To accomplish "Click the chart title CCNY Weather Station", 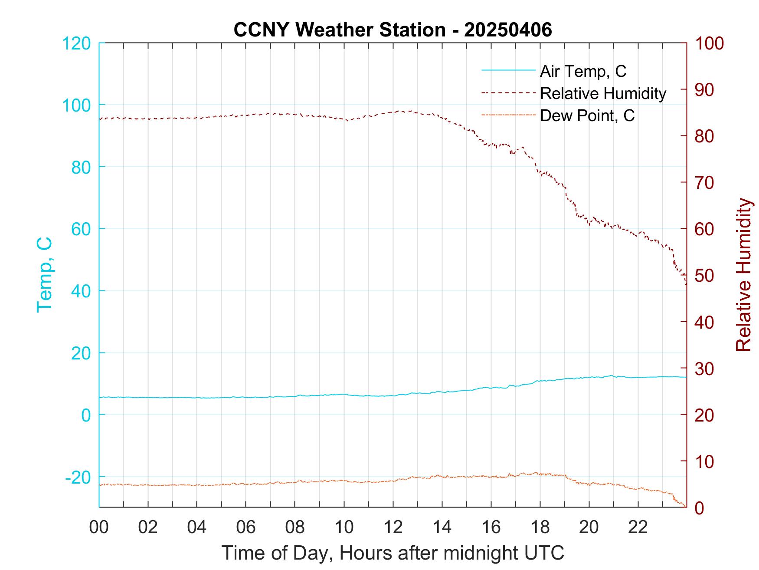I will click(x=393, y=30).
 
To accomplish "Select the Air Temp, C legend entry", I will click(x=583, y=71).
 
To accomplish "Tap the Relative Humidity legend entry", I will click(x=603, y=93).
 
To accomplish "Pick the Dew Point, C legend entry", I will click(x=587, y=115).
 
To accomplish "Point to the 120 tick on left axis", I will click(x=76, y=43).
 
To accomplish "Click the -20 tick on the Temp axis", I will click(x=78, y=477).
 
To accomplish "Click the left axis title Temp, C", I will click(x=45, y=275).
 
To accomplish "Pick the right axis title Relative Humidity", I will click(x=743, y=275).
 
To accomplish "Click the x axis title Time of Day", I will click(x=393, y=553).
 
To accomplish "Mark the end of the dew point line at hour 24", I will click(x=685, y=506).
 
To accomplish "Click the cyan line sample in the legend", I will click(x=508, y=70).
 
